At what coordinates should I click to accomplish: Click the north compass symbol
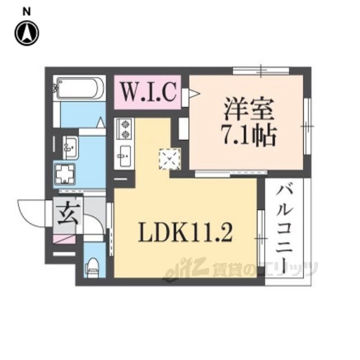coord(26,32)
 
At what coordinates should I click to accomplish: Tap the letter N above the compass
coord(26,11)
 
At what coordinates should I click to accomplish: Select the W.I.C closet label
coord(149,92)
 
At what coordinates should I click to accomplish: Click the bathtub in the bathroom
coord(79,88)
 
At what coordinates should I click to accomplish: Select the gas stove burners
coord(124,129)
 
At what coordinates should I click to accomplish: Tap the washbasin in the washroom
coord(70,147)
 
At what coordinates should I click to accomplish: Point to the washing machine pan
coord(64,174)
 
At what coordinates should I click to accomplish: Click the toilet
coord(93,265)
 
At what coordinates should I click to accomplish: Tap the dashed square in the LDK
coord(169,158)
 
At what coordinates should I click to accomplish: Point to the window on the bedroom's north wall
coord(261,71)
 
